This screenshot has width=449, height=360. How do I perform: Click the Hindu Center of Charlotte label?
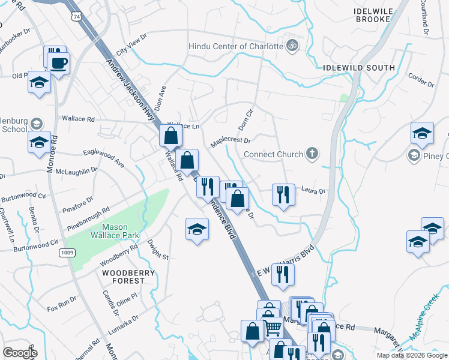click(x=235, y=46)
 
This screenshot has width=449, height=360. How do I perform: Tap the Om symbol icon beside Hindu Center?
click(x=292, y=46)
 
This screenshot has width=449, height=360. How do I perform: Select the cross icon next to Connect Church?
click(x=312, y=154)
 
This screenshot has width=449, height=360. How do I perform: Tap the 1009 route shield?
click(x=67, y=253)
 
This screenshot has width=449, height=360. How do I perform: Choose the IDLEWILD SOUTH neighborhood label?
click(x=359, y=68)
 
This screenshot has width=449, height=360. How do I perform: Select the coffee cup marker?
click(x=59, y=64)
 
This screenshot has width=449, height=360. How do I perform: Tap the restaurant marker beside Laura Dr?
click(x=282, y=194)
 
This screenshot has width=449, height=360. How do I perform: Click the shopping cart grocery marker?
click(x=273, y=328)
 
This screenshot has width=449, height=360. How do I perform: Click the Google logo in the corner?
click(x=20, y=352)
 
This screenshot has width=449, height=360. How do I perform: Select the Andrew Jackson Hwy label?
click(x=130, y=90)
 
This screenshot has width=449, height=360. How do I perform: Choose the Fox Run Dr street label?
click(x=62, y=303)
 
